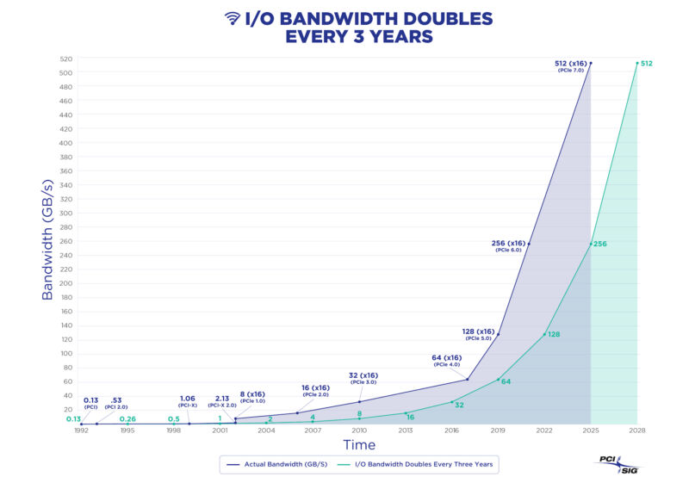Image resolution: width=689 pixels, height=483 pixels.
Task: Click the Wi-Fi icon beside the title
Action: click(232, 17)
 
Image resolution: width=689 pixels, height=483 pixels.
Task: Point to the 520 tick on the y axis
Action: click(65, 59)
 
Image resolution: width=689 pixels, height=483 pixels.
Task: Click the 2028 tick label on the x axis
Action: click(636, 430)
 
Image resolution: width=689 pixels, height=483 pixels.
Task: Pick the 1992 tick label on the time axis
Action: click(81, 430)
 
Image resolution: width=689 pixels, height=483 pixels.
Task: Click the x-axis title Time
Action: click(359, 445)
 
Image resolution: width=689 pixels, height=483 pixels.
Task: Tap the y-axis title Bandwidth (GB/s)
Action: click(47, 240)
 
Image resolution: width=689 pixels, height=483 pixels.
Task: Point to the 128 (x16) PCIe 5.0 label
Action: click(478, 334)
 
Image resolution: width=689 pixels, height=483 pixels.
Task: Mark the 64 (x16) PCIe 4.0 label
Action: click(447, 360)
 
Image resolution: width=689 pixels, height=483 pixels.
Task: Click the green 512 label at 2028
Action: click(647, 63)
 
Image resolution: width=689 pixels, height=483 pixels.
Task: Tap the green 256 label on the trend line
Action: click(600, 245)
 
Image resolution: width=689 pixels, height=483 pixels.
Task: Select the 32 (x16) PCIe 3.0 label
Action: click(363, 379)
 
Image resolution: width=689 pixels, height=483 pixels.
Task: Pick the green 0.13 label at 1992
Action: click(73, 419)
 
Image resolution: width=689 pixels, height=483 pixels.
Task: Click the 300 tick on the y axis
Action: click(65, 214)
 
